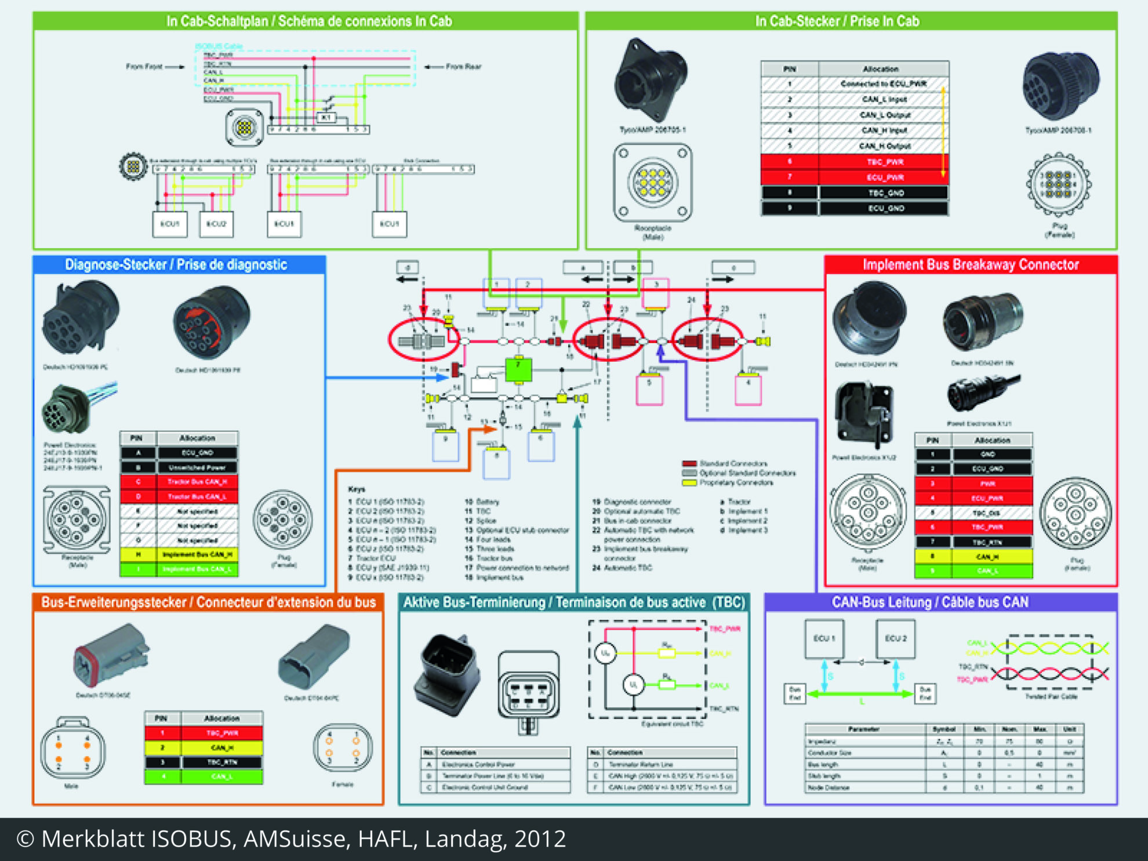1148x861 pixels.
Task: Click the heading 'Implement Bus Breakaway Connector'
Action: coord(971,265)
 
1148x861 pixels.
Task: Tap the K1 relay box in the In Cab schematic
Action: coord(326,118)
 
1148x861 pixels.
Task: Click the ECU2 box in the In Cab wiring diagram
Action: coord(216,224)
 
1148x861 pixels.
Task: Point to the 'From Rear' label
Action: coord(463,67)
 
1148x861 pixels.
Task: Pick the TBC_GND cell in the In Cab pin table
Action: coord(886,193)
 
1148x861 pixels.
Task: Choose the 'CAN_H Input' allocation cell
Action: coord(884,130)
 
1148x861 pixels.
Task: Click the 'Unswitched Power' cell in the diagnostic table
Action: coord(197,467)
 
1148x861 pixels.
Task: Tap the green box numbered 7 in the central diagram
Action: coord(518,370)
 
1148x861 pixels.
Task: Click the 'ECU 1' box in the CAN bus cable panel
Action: coord(824,638)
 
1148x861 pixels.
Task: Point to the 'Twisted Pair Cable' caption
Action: coord(1051,696)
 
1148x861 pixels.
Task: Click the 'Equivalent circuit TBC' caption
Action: coord(672,724)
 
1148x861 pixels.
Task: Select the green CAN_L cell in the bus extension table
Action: coord(221,776)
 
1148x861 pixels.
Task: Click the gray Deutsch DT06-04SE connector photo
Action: coord(111,655)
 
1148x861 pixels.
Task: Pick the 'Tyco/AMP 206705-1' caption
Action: coord(652,130)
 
